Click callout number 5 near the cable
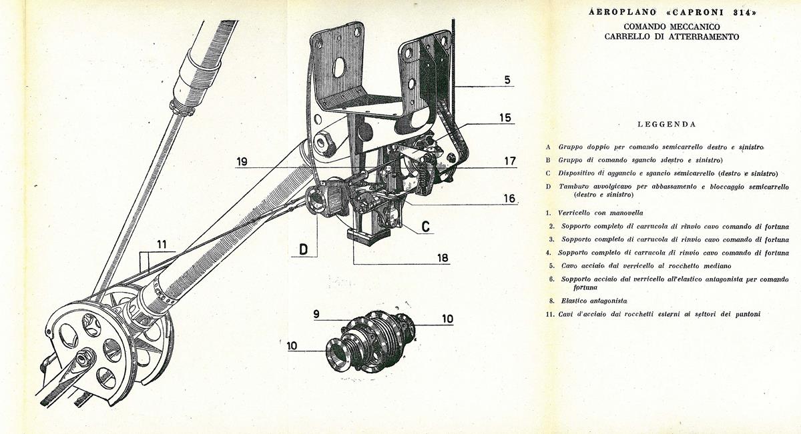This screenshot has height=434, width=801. click(x=507, y=79)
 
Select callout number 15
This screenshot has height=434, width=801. click(x=505, y=117)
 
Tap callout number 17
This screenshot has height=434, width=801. click(x=510, y=161)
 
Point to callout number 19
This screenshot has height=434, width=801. click(x=242, y=162)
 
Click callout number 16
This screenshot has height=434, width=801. click(x=509, y=199)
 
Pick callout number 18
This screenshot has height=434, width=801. click(x=443, y=258)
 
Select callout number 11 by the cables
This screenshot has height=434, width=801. click(x=162, y=245)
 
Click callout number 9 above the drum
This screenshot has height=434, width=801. click(x=316, y=314)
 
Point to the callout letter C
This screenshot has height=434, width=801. click(x=426, y=227)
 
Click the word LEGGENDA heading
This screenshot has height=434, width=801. click(x=667, y=124)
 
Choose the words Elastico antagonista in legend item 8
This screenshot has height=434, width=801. click(x=594, y=301)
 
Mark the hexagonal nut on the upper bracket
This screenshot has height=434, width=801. click(x=324, y=143)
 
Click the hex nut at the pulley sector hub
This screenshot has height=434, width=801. click(x=84, y=357)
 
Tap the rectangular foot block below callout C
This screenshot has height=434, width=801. click(x=368, y=237)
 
